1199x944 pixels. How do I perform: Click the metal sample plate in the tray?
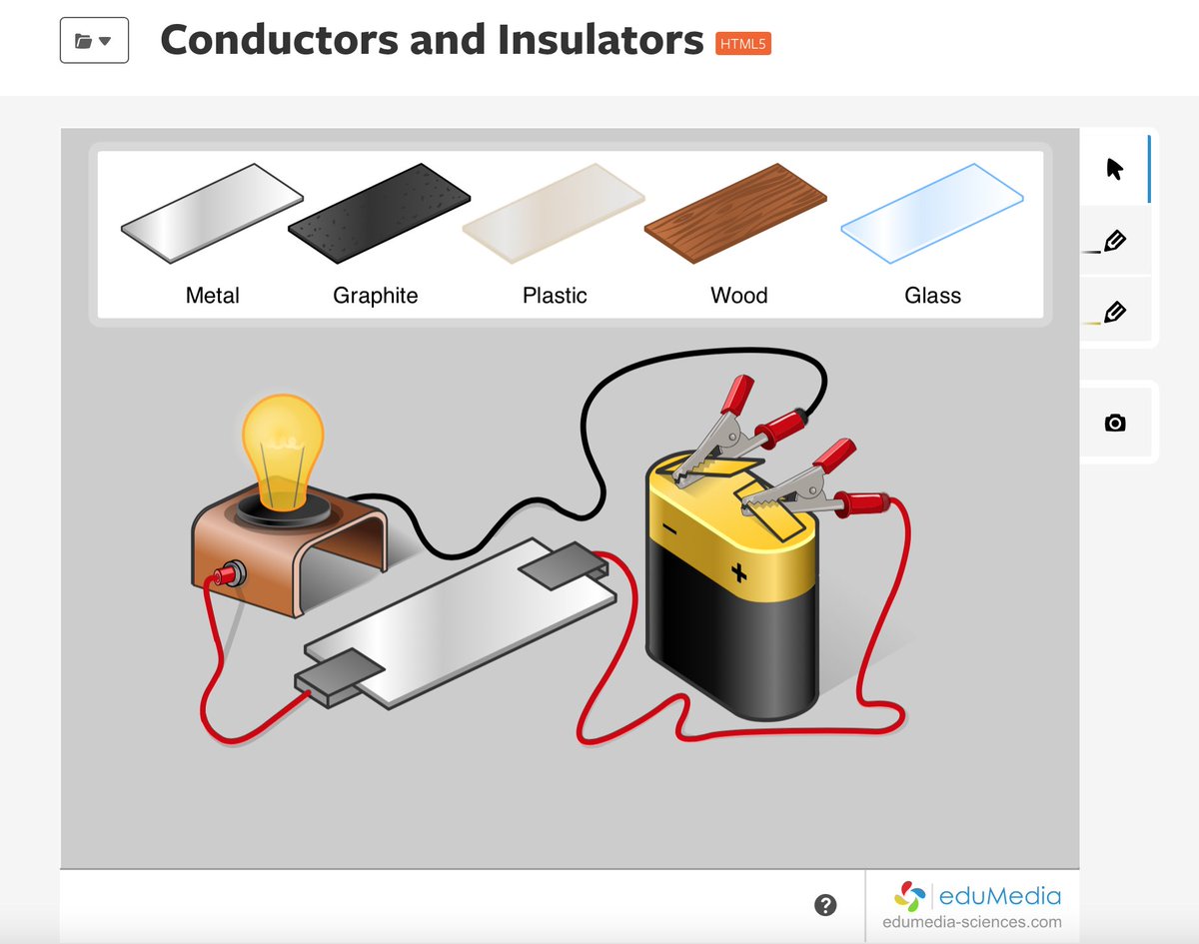[212, 213]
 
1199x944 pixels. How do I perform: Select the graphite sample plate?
[379, 214]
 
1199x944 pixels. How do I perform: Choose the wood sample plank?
[736, 213]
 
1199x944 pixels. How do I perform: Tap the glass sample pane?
[931, 213]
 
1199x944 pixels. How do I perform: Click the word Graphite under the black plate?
[376, 296]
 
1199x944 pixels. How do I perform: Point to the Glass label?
[932, 296]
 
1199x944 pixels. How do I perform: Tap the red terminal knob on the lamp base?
[233, 573]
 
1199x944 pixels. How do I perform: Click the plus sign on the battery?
[738, 572]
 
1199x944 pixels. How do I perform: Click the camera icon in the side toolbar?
[1115, 423]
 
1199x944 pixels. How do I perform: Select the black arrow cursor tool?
[1115, 169]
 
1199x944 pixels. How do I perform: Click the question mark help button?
[824, 905]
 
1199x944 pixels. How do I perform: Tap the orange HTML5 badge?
[743, 43]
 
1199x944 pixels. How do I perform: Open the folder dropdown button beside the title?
[94, 41]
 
